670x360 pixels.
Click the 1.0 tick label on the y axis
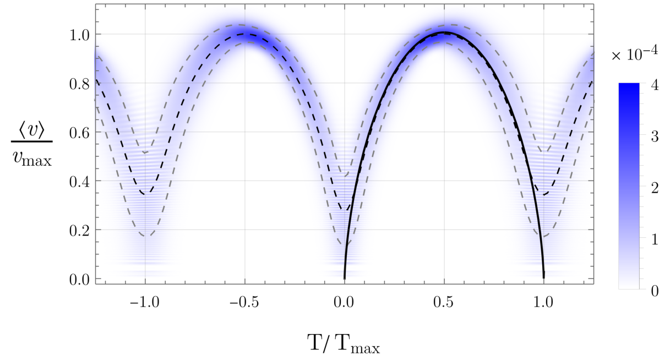click(79, 35)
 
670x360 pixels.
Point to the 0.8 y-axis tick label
click(79, 84)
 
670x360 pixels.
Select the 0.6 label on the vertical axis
click(79, 133)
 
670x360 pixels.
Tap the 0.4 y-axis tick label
click(79, 182)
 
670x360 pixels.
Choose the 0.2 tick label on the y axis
click(79, 231)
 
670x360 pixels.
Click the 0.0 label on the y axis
click(79, 280)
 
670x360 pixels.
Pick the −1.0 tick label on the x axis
click(144, 303)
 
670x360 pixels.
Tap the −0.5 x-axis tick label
click(244, 303)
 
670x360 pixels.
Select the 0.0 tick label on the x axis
click(344, 303)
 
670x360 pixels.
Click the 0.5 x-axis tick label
click(444, 303)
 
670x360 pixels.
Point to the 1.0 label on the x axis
click(543, 303)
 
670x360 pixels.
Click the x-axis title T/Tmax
click(344, 344)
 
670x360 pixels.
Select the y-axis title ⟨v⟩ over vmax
click(32, 144)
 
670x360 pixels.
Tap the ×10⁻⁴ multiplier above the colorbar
click(635, 54)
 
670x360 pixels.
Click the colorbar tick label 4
click(655, 85)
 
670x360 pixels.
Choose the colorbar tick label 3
click(655, 137)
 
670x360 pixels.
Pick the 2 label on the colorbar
click(655, 188)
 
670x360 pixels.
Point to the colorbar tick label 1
click(655, 239)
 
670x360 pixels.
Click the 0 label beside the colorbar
click(655, 291)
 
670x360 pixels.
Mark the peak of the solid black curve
click(444, 32)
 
